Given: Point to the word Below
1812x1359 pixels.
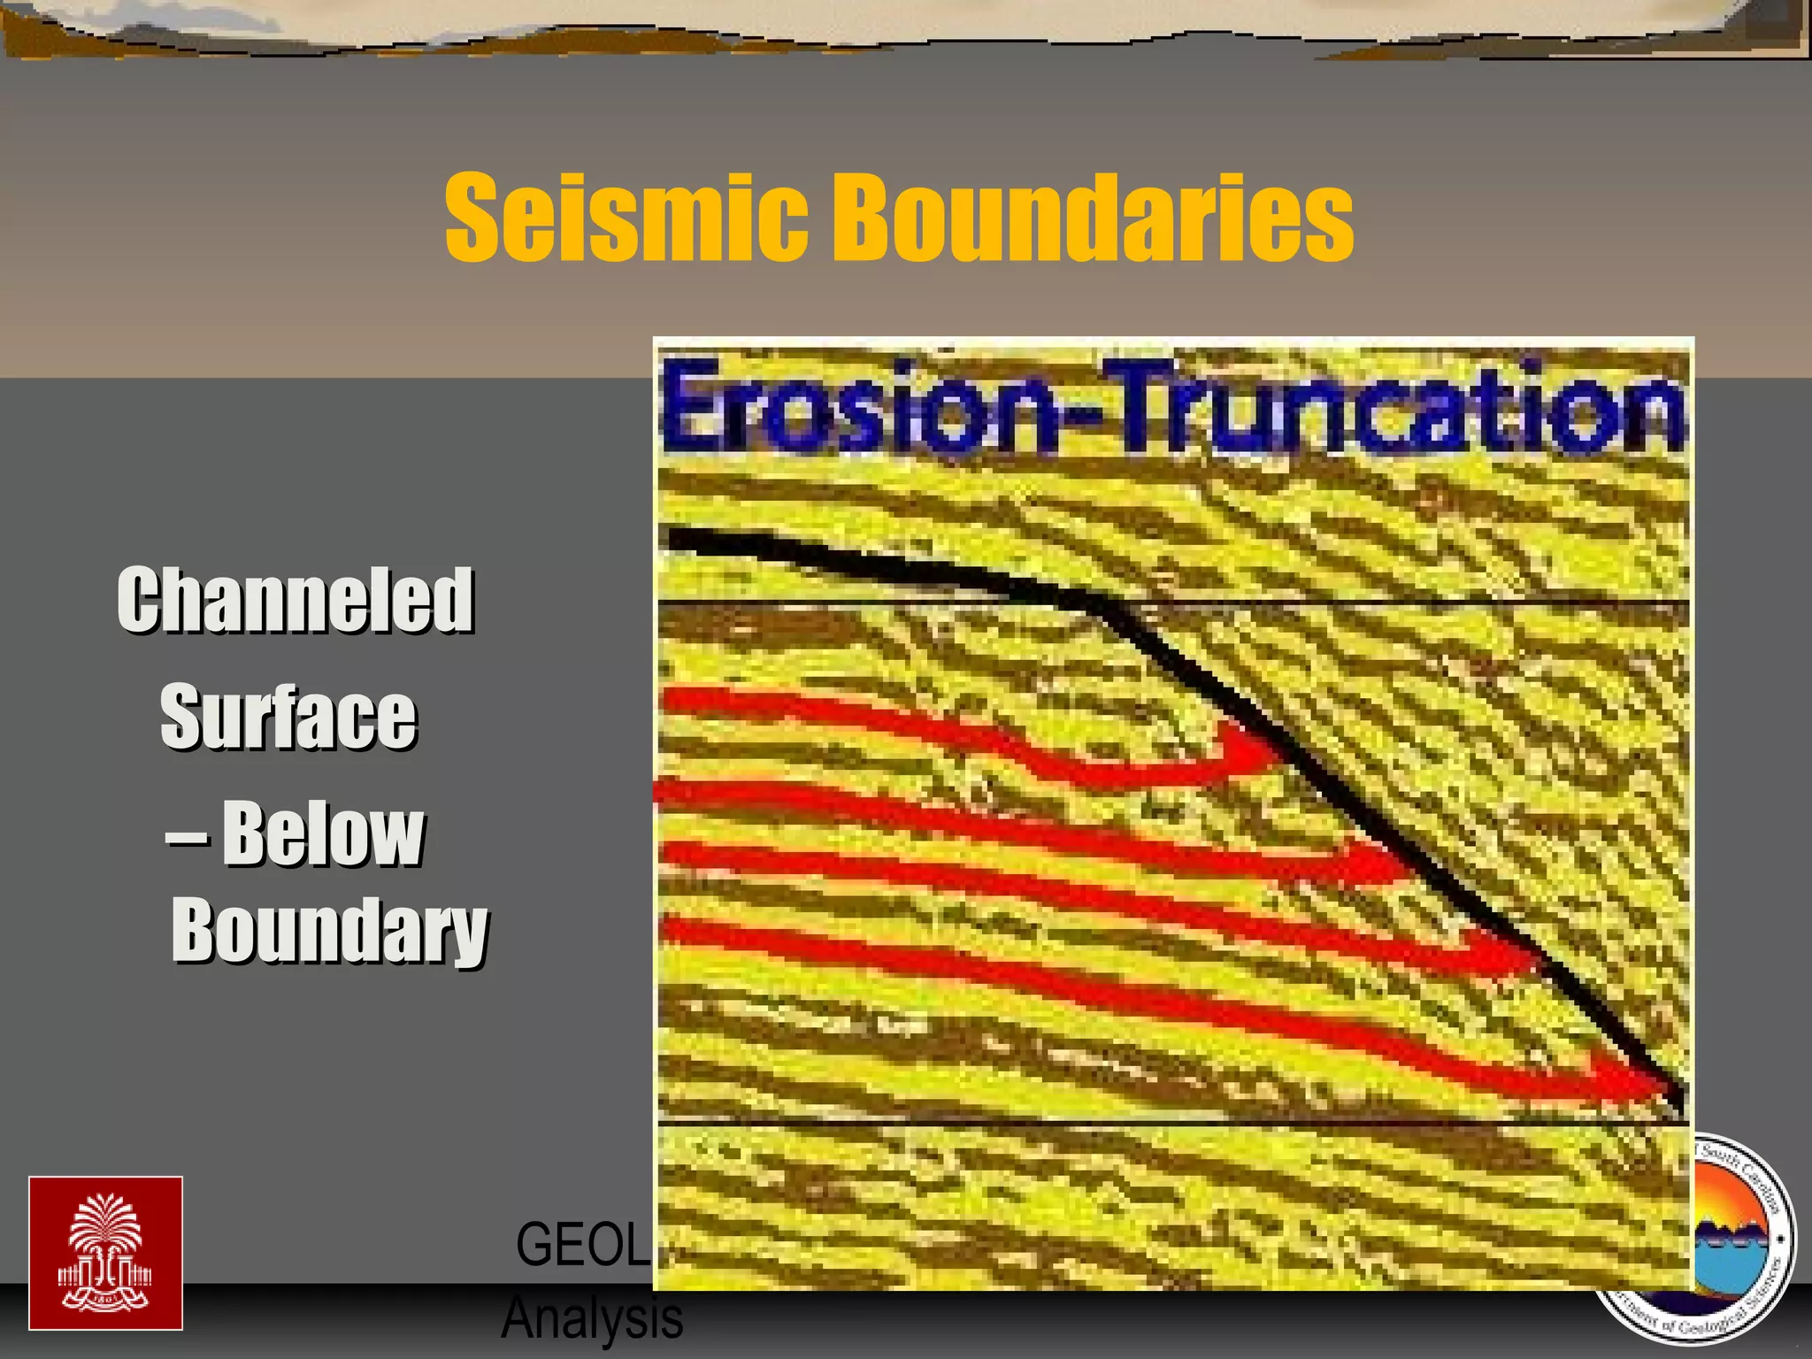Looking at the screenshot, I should [324, 833].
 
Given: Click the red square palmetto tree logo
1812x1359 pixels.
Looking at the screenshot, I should [105, 1253].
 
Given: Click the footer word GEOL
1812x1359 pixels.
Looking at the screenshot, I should [581, 1245].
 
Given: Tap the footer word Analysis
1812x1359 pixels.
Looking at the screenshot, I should [592, 1319].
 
